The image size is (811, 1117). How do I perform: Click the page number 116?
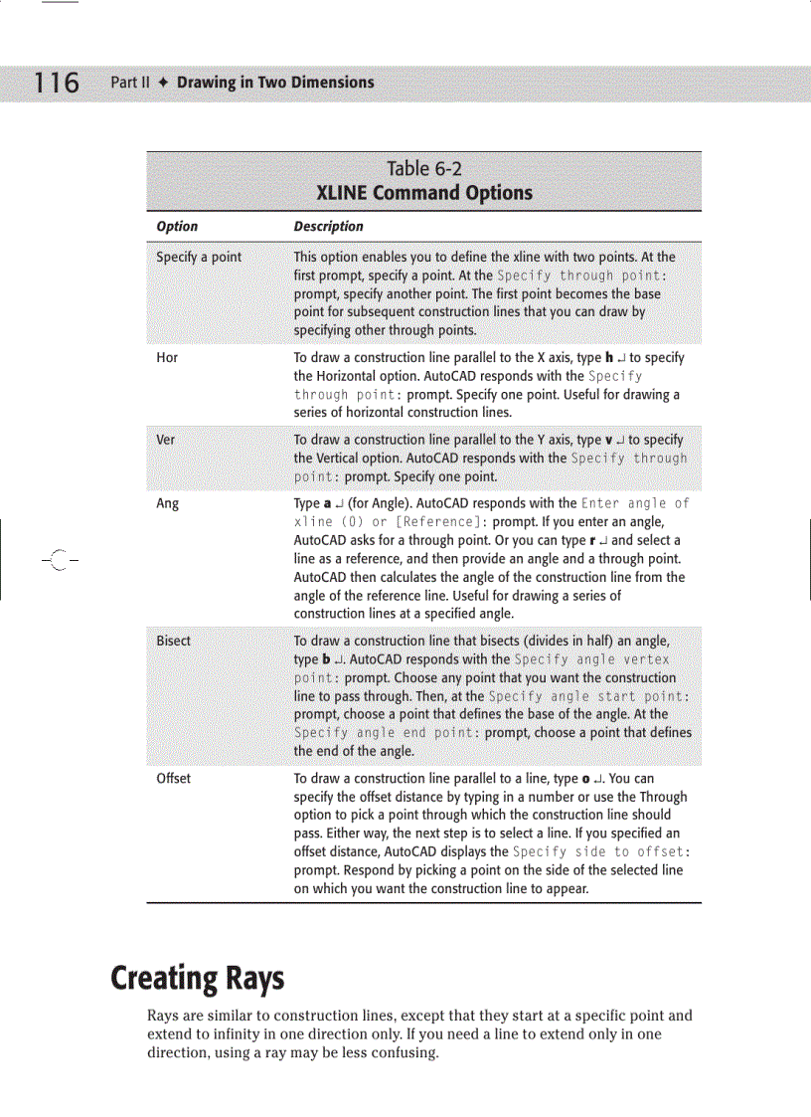57,83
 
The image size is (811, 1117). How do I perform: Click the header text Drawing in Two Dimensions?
275,83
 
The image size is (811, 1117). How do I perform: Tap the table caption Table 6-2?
424,169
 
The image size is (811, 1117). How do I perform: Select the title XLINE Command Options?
424,193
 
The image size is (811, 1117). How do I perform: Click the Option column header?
177,227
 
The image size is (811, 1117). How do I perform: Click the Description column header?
328,227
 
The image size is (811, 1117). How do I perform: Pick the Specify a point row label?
199,257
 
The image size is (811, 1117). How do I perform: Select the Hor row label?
167,358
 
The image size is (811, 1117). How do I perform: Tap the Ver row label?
166,440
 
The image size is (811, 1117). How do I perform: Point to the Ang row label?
168,504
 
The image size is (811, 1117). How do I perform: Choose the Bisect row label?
174,642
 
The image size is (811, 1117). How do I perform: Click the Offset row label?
174,779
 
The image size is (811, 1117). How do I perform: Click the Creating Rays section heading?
197,979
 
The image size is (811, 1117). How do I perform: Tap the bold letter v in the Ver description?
608,440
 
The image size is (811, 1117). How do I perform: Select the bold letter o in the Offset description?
586,779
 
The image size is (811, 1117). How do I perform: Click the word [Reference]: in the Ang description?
441,522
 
